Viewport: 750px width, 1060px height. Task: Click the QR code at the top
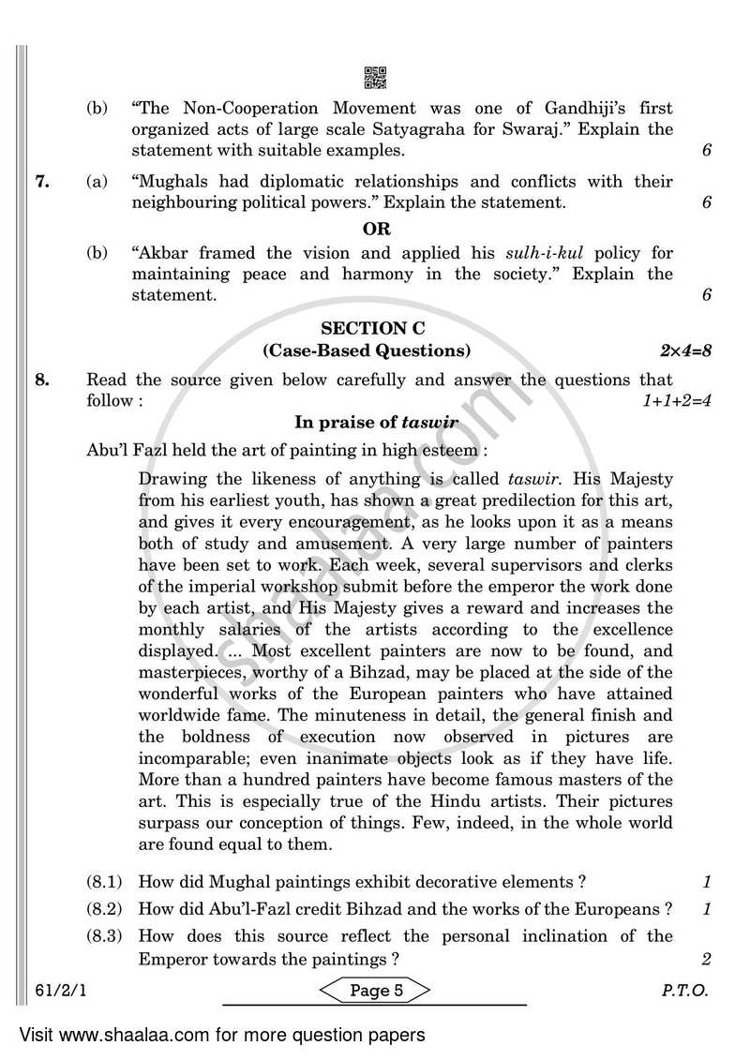click(374, 79)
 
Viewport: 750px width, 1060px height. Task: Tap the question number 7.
click(41, 181)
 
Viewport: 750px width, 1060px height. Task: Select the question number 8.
click(41, 380)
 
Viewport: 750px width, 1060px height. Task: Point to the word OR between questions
click(377, 228)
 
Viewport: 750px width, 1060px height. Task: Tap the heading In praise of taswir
click(377, 423)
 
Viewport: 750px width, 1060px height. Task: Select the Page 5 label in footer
click(376, 991)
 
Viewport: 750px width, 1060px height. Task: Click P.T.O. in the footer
click(685, 991)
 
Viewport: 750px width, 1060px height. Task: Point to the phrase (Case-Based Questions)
click(367, 351)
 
